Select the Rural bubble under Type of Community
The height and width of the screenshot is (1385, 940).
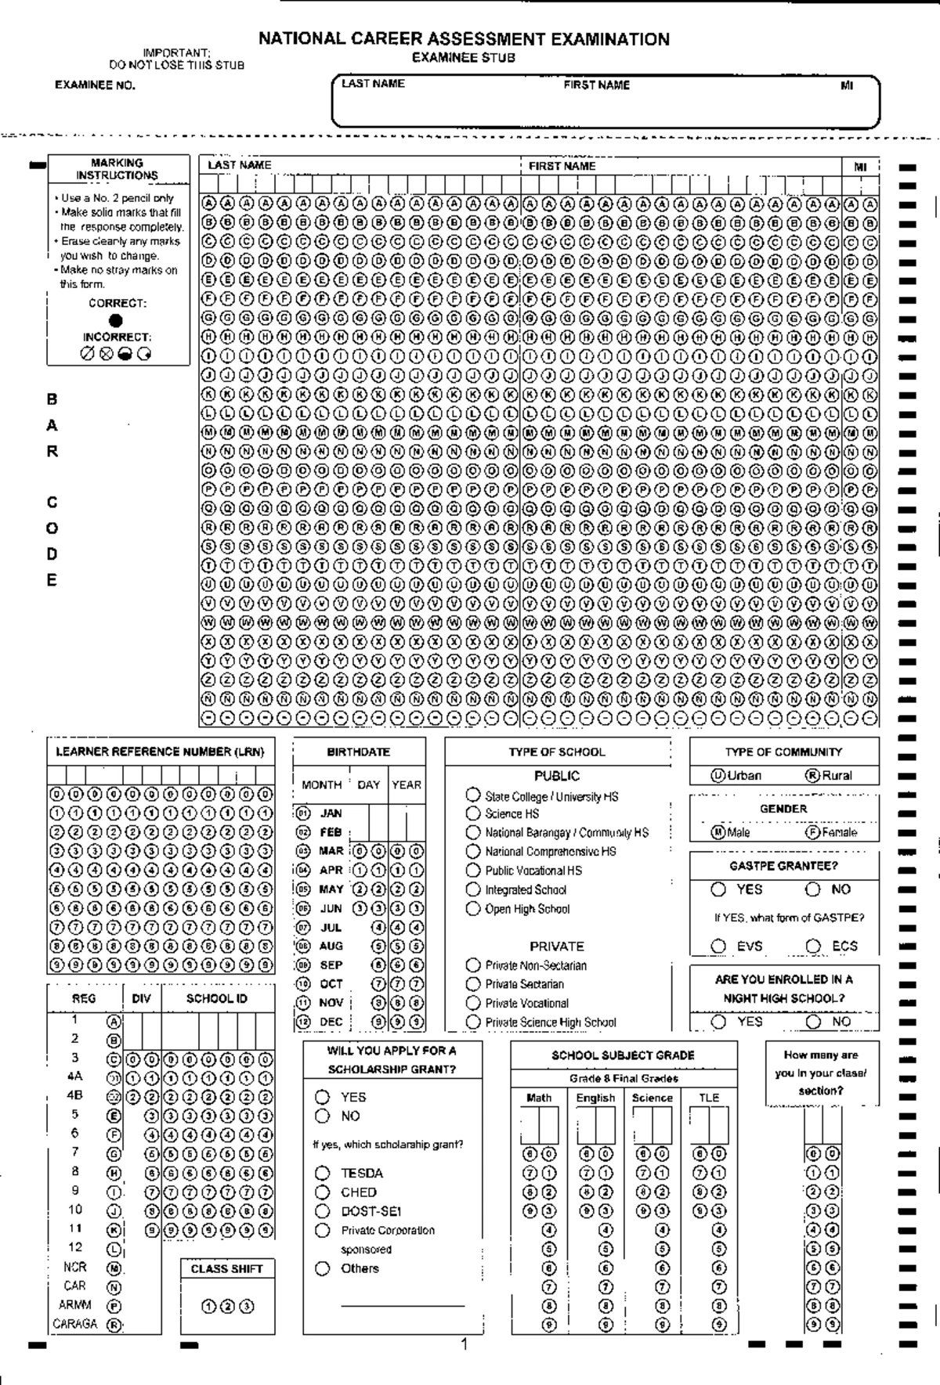[812, 775]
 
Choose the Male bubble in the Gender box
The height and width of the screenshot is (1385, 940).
[718, 832]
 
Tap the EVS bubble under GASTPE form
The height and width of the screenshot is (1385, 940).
[718, 946]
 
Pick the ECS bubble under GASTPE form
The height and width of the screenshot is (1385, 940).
[814, 946]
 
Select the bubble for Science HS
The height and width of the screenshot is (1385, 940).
[473, 813]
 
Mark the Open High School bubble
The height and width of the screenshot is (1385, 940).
[473, 908]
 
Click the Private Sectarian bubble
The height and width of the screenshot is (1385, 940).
[473, 984]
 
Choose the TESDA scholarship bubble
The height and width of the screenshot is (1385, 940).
[323, 1173]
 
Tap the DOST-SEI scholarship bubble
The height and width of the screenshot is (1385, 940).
[323, 1210]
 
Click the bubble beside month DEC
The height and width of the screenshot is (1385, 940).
[303, 1022]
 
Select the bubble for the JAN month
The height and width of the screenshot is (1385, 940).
[303, 813]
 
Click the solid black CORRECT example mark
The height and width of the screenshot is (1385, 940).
[116, 320]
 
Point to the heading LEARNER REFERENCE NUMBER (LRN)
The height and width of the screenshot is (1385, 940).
[161, 752]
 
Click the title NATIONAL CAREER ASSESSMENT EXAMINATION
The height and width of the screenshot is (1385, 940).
[464, 39]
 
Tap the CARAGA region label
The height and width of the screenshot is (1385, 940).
[75, 1324]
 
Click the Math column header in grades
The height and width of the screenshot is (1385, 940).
[539, 1098]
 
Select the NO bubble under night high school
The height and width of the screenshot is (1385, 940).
[814, 1022]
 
